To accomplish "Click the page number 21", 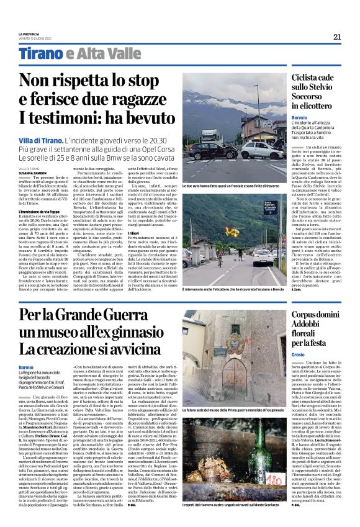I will coord(336,37).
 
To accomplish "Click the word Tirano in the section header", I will coord(40,53).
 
